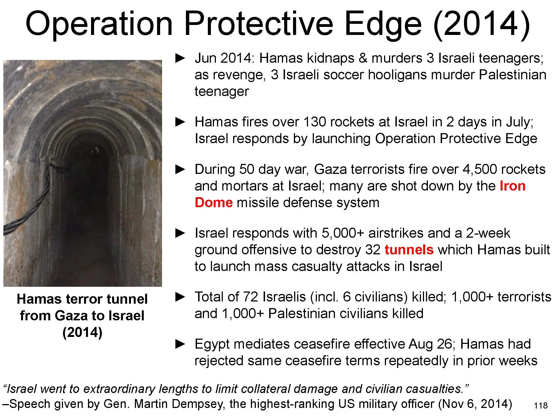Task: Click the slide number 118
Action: (x=541, y=406)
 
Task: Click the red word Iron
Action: (x=513, y=186)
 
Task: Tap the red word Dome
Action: (x=214, y=203)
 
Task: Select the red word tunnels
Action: (x=409, y=250)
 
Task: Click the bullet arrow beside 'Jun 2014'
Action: (x=180, y=58)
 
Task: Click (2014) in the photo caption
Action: (x=82, y=332)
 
